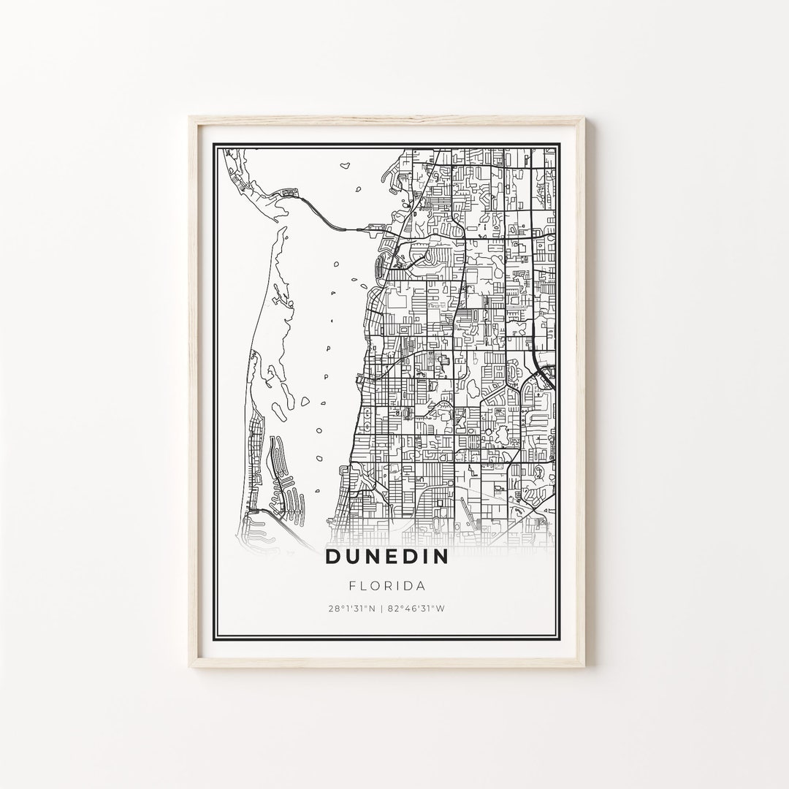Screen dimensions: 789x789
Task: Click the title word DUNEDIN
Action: coord(387,557)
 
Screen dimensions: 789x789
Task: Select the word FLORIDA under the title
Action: coord(387,586)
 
